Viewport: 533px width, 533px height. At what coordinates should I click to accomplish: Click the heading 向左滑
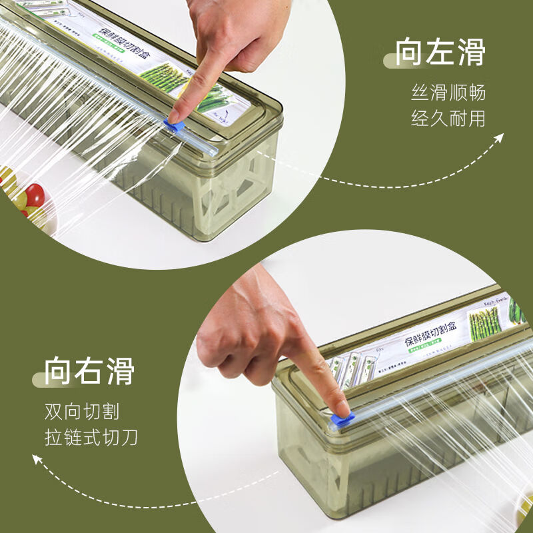tap(440, 53)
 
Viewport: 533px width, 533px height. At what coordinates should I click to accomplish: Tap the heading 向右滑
tap(90, 370)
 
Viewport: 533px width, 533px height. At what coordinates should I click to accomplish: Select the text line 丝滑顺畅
tap(448, 92)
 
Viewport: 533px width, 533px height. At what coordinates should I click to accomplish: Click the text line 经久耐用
tap(448, 119)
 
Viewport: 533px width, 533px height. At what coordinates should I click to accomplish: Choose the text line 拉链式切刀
tap(91, 438)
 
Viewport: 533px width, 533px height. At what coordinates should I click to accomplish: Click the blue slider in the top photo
tap(175, 125)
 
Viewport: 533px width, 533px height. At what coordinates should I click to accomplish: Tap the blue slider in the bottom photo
tap(342, 419)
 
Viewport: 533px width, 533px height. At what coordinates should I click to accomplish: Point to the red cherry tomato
tap(33, 195)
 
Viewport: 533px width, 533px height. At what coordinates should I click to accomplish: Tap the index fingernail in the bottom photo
tap(340, 408)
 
